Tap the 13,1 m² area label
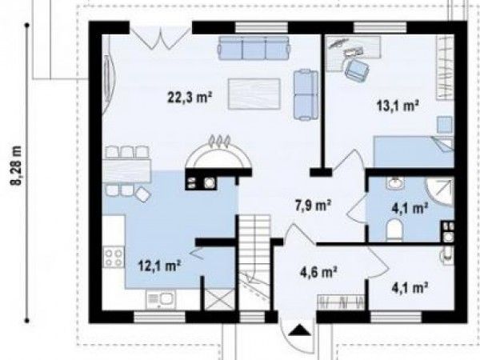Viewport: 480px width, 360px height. (398, 106)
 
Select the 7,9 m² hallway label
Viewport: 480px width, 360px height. (313, 206)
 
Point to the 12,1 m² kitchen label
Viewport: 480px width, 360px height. (159, 266)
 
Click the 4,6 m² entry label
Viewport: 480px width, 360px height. (318, 272)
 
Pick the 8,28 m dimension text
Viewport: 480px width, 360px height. (17, 166)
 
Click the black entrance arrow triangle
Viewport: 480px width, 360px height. (298, 331)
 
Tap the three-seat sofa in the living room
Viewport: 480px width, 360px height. (254, 48)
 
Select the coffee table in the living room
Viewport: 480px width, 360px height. (254, 94)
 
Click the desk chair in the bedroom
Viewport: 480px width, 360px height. (357, 70)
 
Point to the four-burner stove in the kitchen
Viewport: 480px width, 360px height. (114, 257)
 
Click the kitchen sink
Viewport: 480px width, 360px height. (161, 299)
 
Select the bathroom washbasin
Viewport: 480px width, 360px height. (395, 183)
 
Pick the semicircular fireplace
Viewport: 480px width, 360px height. (218, 157)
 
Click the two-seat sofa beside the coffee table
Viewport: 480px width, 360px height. (306, 95)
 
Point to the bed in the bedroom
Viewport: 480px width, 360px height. (414, 152)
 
